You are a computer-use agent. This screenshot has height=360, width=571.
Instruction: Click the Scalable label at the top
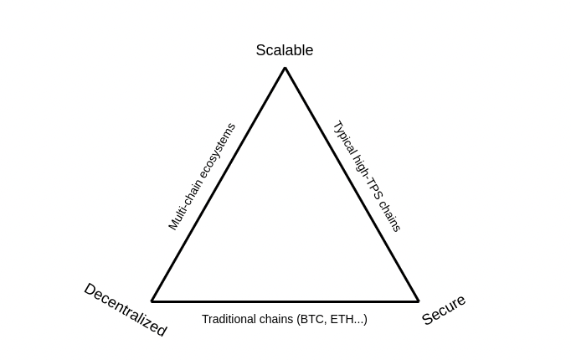pos(285,50)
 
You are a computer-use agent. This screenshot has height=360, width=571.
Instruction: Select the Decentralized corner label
pos(126,310)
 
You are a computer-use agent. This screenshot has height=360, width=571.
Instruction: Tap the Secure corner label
pos(444,310)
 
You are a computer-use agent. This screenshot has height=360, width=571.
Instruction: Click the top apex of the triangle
pos(285,68)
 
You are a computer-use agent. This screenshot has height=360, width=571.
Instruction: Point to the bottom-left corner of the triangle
pos(152,301)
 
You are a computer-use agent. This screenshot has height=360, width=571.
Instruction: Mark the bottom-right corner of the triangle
pos(418,301)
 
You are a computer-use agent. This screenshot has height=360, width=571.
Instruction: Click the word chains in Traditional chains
pos(278,319)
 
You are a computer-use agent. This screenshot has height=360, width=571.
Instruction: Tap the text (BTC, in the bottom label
pos(312,319)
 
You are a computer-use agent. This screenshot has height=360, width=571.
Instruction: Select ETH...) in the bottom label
pos(349,319)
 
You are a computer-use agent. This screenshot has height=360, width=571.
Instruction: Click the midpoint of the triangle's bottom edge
pos(285,301)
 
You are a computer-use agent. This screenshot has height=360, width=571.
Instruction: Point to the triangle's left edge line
pos(219,184)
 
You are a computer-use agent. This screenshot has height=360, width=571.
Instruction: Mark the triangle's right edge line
pos(352,184)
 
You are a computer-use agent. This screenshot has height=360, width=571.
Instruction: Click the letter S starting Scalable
pos(260,50)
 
